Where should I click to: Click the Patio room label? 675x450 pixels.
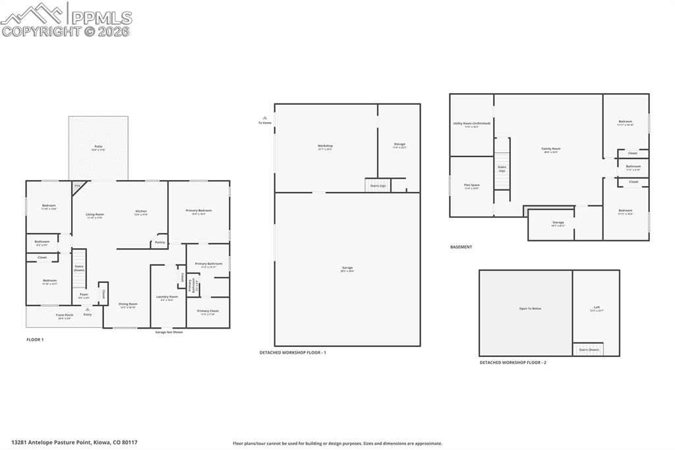click(98, 146)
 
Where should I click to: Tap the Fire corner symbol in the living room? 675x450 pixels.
click(78, 187)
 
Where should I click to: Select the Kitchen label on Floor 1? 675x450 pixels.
click(141, 211)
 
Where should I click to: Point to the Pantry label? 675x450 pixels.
click(160, 242)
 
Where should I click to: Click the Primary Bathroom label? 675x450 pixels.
click(208, 263)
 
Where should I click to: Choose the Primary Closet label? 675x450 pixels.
click(208, 311)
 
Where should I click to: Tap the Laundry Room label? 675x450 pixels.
click(167, 297)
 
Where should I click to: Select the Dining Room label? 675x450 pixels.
click(128, 304)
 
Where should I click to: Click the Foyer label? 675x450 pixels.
click(84, 294)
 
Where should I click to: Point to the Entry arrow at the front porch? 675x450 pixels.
click(87, 309)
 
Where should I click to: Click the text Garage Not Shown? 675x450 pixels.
click(169, 332)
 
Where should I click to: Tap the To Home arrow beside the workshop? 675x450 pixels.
click(264, 118)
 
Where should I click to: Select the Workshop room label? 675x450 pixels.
click(325, 146)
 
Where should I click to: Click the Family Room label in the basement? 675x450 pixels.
click(550, 149)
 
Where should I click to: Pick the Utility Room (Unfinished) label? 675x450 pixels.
click(471, 123)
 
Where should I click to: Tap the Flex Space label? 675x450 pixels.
click(471, 185)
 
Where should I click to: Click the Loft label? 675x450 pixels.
click(597, 307)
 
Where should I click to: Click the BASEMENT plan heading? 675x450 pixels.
click(461, 247)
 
